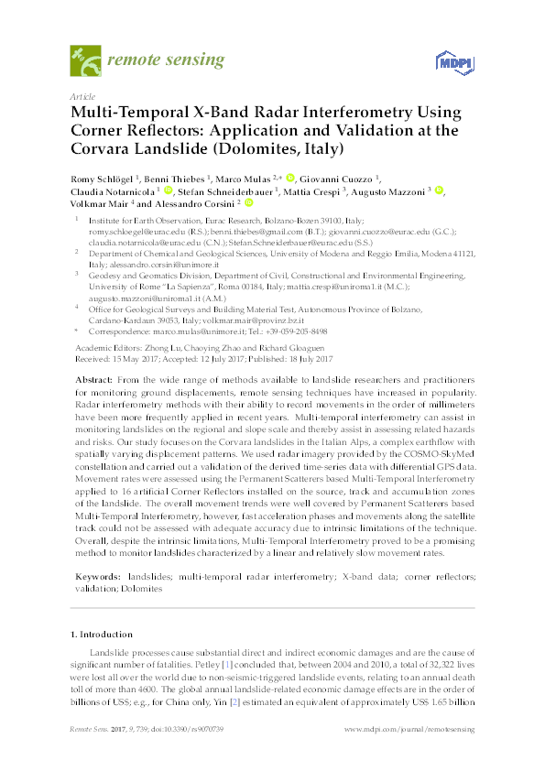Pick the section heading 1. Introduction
101,634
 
